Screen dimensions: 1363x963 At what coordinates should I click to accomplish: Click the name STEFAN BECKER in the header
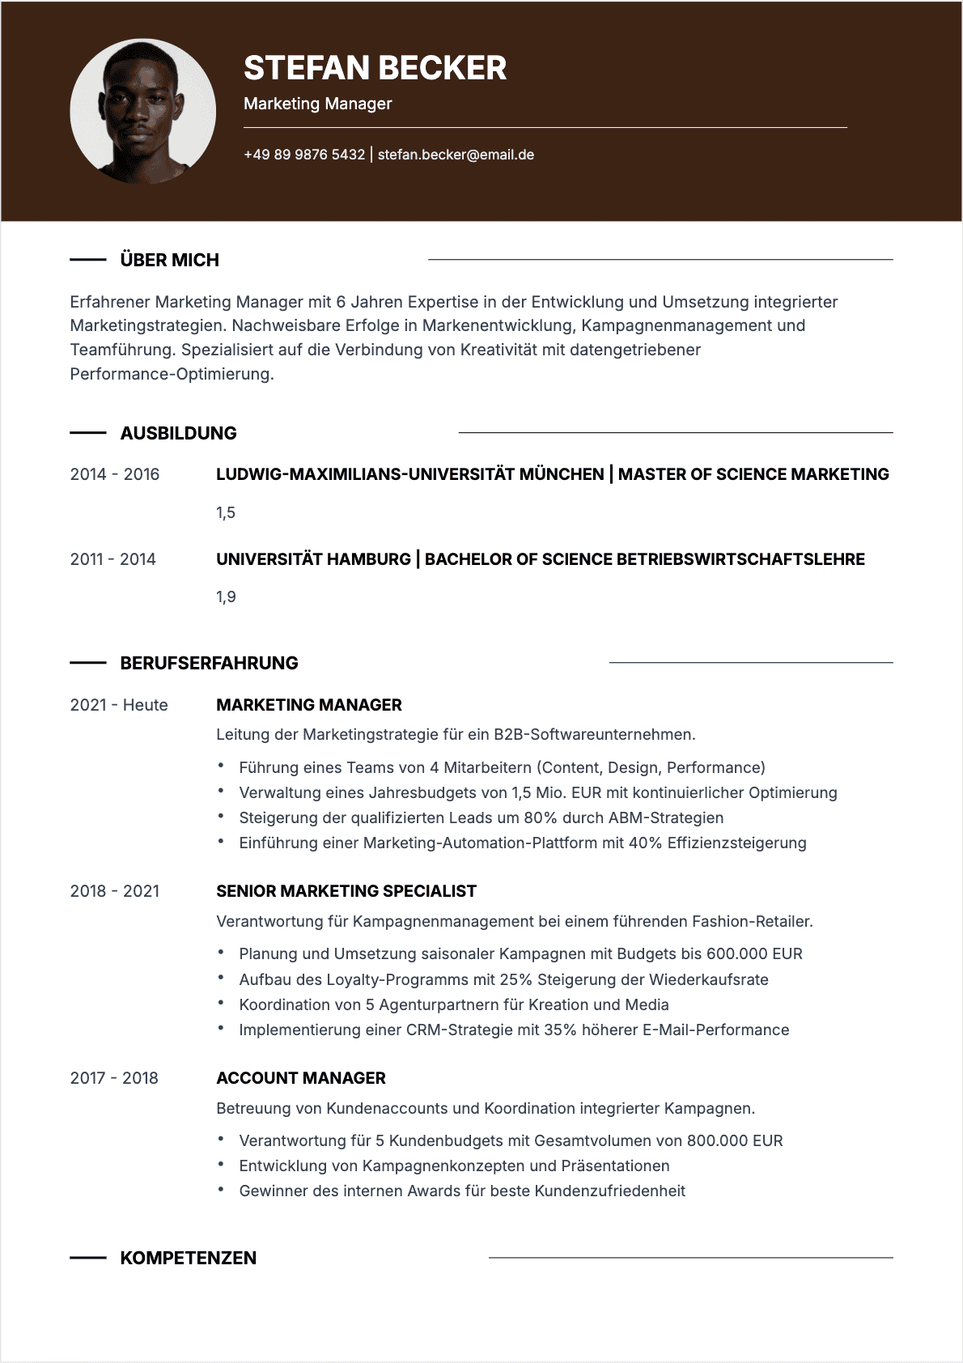pyautogui.click(x=375, y=68)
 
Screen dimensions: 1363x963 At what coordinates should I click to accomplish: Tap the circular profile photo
pyautogui.click(x=143, y=112)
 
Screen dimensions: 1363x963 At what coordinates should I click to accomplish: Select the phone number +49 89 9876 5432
pyautogui.click(x=304, y=155)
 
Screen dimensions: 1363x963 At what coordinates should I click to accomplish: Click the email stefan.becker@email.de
pyautogui.click(x=456, y=155)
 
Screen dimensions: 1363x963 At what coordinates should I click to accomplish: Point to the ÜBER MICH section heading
pyautogui.click(x=169, y=260)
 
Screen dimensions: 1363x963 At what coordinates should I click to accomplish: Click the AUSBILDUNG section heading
pyautogui.click(x=178, y=433)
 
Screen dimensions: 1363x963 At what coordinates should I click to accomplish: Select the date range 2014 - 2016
pyautogui.click(x=115, y=474)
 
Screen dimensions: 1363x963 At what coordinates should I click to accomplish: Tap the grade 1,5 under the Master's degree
pyautogui.click(x=226, y=512)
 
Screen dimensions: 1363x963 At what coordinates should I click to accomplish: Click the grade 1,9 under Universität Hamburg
pyautogui.click(x=226, y=597)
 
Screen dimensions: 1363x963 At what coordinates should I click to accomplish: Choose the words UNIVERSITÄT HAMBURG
pyautogui.click(x=313, y=559)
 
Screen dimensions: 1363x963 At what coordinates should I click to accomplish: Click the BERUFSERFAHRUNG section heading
pyautogui.click(x=209, y=663)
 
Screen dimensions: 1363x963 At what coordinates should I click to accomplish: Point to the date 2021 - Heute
pyautogui.click(x=119, y=705)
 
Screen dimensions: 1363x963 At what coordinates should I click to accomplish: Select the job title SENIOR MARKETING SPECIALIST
pyautogui.click(x=346, y=891)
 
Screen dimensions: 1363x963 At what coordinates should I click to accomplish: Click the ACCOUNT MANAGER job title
pyautogui.click(x=301, y=1078)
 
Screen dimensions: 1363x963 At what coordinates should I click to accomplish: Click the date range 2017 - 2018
pyautogui.click(x=114, y=1078)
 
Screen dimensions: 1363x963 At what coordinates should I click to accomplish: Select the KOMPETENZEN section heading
pyautogui.click(x=188, y=1258)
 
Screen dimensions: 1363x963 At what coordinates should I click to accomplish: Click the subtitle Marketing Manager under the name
pyautogui.click(x=317, y=104)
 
